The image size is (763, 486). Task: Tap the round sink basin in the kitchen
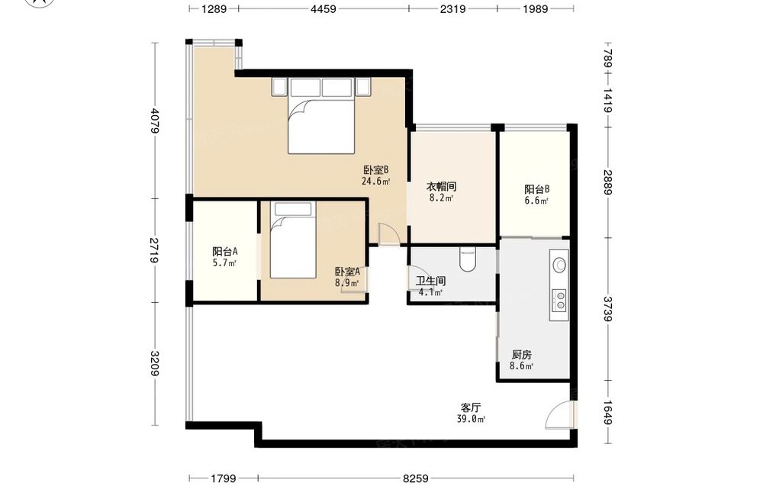pyautogui.click(x=559, y=264)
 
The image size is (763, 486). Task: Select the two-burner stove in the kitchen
pyautogui.click(x=559, y=300)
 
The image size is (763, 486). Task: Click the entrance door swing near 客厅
pyautogui.click(x=559, y=414)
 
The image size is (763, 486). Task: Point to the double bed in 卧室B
pyautogui.click(x=321, y=116)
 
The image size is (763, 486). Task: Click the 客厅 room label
pyautogui.click(x=471, y=407)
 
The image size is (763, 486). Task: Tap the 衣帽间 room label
pyautogui.click(x=441, y=186)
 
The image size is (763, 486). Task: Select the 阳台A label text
pyautogui.click(x=225, y=252)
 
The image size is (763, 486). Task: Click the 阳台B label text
pyautogui.click(x=536, y=189)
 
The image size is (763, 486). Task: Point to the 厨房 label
pyautogui.click(x=521, y=355)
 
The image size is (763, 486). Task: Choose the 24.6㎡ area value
pyautogui.click(x=375, y=182)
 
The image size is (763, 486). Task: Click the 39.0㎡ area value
pyautogui.click(x=471, y=420)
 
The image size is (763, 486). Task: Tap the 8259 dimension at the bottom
pyautogui.click(x=415, y=478)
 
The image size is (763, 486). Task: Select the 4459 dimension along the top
pyautogui.click(x=324, y=8)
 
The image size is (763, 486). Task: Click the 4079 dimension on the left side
pyautogui.click(x=155, y=120)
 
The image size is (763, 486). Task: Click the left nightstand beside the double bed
pyautogui.click(x=279, y=86)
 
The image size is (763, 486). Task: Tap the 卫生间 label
pyautogui.click(x=430, y=281)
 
